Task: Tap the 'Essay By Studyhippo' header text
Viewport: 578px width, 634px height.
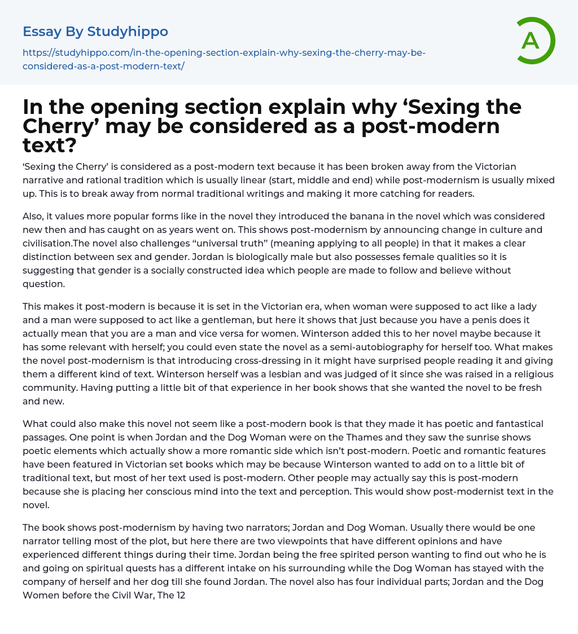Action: click(x=95, y=32)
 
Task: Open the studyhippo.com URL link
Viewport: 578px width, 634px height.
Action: click(x=224, y=59)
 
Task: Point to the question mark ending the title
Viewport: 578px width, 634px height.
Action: click(x=72, y=146)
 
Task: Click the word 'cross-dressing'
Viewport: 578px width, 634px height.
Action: click(x=261, y=361)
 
